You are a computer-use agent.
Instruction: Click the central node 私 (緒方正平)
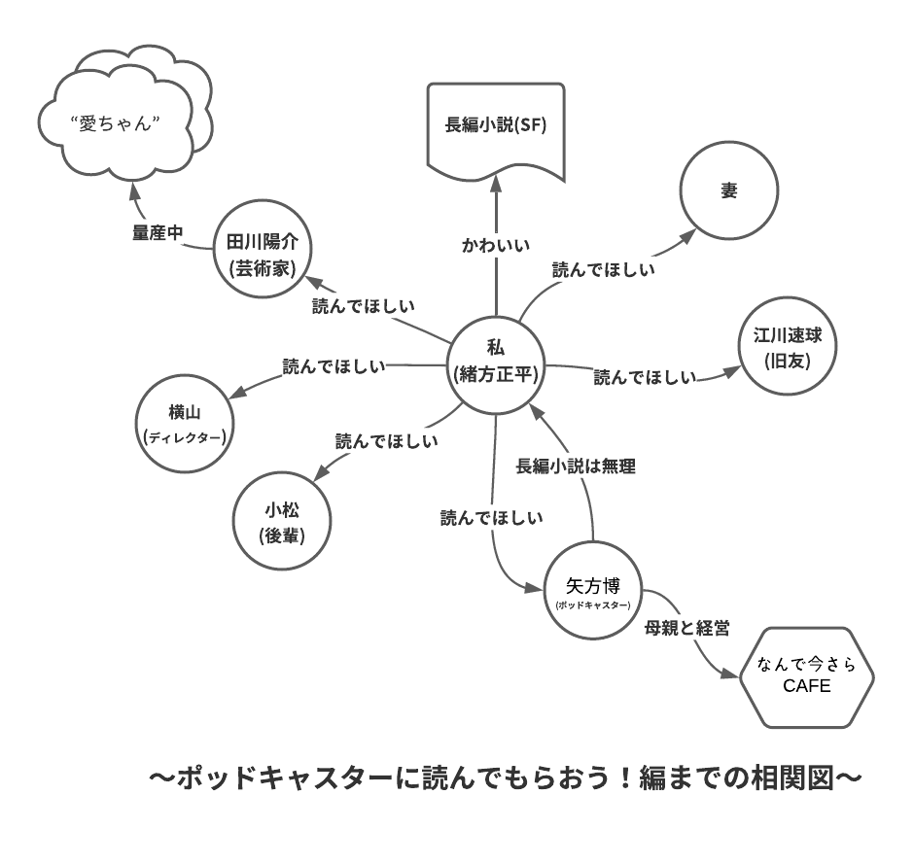click(x=496, y=363)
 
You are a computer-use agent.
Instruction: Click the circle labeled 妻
click(x=728, y=191)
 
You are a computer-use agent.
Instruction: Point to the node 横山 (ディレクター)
click(x=184, y=425)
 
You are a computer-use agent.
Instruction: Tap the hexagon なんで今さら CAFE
click(x=806, y=676)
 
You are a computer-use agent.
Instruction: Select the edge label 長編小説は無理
click(x=576, y=467)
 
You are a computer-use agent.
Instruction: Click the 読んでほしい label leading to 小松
click(x=386, y=440)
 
